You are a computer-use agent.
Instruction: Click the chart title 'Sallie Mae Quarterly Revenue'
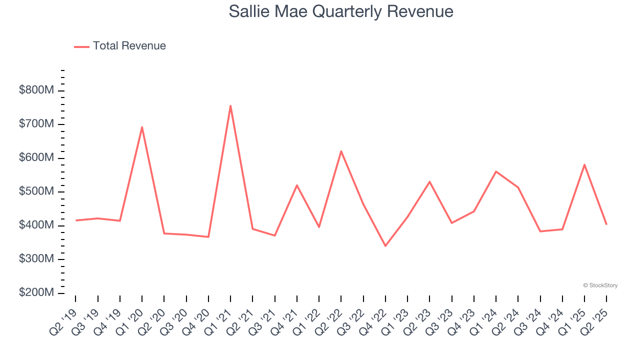click(x=341, y=11)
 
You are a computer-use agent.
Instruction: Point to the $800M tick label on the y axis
click(x=36, y=90)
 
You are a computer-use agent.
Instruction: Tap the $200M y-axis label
click(x=36, y=292)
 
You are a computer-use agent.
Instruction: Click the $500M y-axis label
click(x=36, y=191)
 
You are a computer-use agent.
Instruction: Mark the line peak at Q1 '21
click(x=230, y=105)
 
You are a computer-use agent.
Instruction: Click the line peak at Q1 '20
click(x=142, y=127)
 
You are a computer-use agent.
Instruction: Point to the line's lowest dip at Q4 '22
click(x=385, y=246)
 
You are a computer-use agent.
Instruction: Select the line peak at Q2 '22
click(x=341, y=151)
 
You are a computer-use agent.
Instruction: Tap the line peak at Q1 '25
click(x=584, y=164)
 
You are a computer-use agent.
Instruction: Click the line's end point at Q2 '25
click(x=606, y=224)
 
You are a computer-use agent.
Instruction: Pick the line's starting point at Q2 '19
click(x=75, y=220)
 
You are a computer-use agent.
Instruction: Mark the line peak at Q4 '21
click(x=297, y=185)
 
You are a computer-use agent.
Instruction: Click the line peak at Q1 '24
click(x=496, y=171)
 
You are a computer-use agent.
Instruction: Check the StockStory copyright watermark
click(x=600, y=285)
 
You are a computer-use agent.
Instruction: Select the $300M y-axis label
click(x=36, y=259)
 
